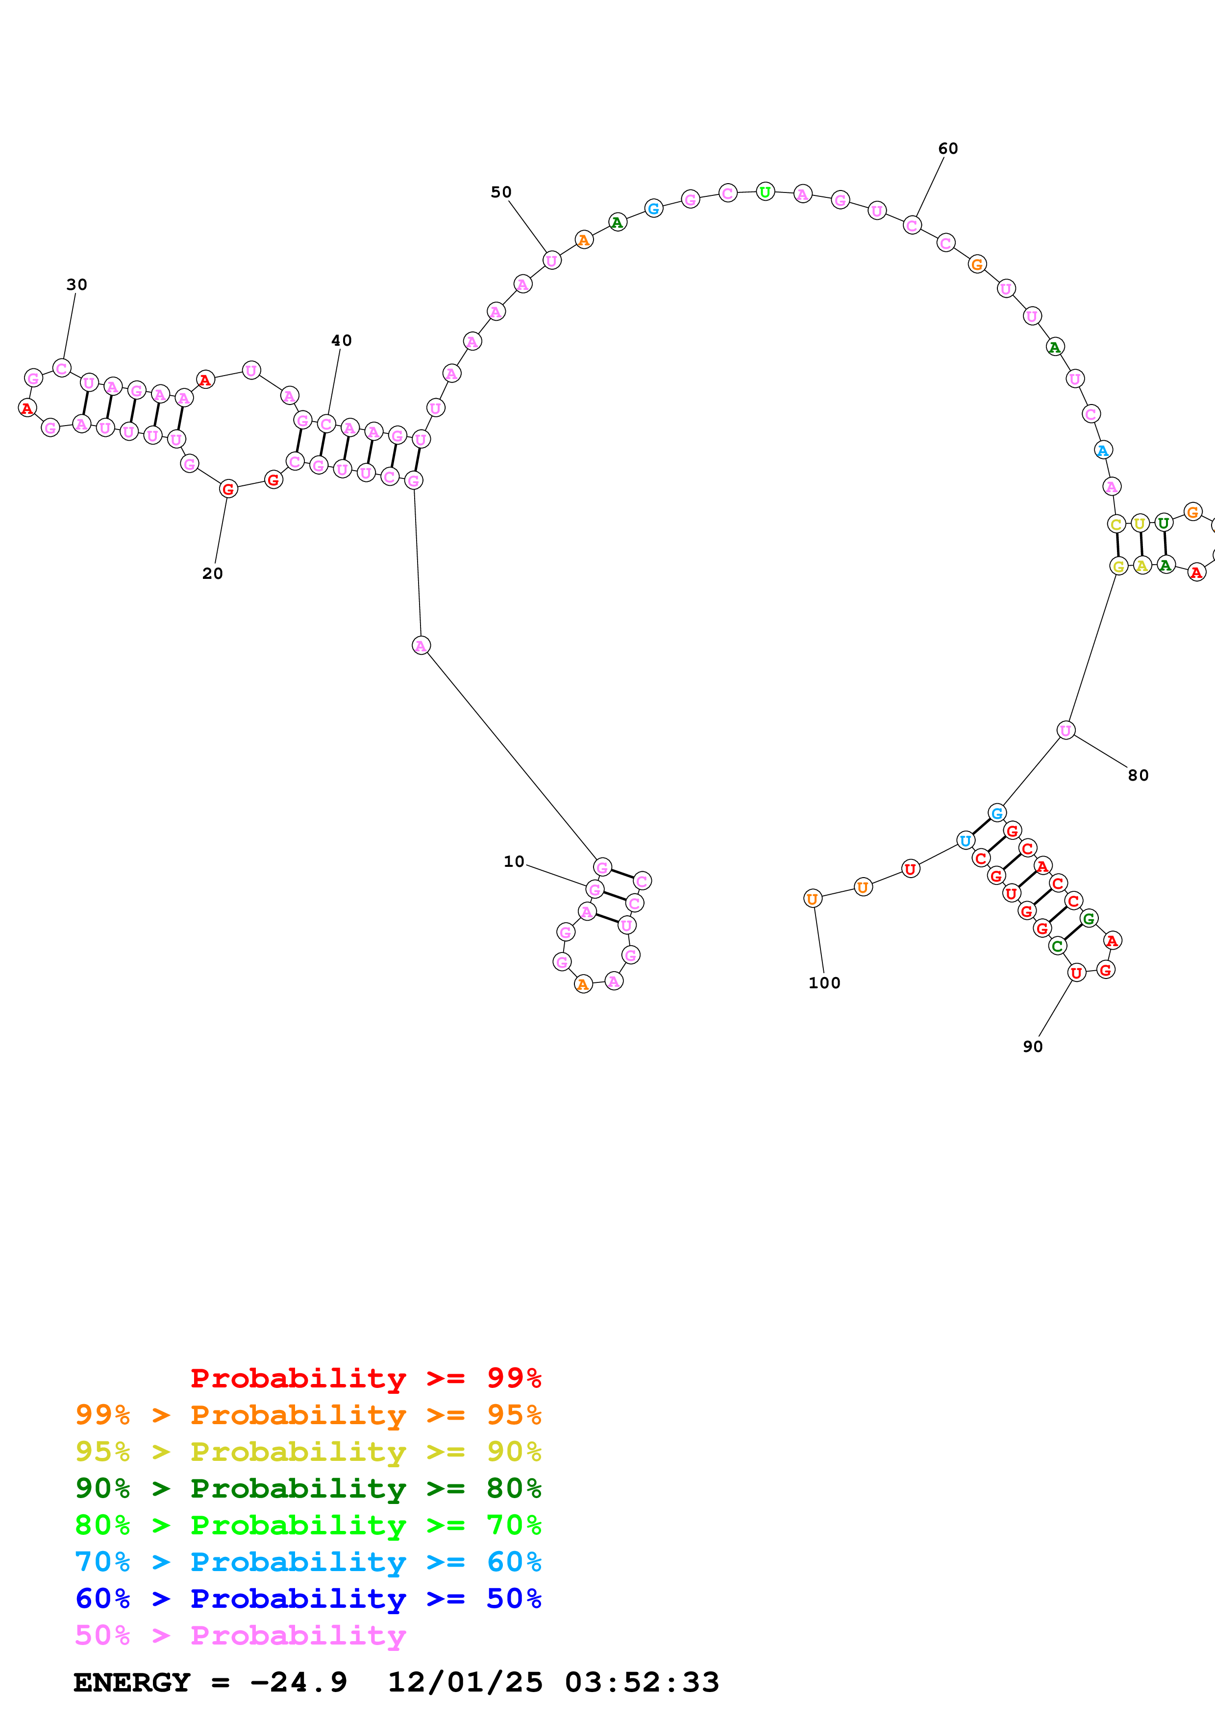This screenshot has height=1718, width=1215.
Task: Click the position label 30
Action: click(76, 285)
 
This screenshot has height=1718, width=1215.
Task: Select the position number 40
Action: click(342, 340)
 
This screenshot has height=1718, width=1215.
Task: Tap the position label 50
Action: click(501, 192)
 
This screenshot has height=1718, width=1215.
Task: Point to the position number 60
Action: click(948, 149)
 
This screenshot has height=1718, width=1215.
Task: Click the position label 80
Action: click(1138, 775)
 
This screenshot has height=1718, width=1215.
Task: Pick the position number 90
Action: click(1032, 1047)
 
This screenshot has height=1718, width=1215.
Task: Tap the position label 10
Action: click(514, 861)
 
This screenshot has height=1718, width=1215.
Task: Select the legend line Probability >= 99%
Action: click(365, 1378)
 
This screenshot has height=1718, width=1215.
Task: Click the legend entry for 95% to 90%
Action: click(308, 1452)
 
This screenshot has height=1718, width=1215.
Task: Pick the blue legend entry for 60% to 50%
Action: click(308, 1599)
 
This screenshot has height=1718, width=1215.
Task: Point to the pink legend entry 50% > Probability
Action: click(240, 1635)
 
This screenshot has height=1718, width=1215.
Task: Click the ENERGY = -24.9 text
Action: click(210, 1682)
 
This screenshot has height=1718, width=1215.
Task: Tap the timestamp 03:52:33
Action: click(642, 1682)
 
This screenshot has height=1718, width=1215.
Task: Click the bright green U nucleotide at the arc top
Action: click(764, 192)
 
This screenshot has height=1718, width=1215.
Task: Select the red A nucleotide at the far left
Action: click(27, 408)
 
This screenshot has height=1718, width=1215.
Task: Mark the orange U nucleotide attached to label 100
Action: click(812, 899)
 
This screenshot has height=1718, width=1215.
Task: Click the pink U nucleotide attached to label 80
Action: click(1066, 730)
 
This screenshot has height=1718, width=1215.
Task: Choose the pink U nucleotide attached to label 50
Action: click(552, 261)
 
